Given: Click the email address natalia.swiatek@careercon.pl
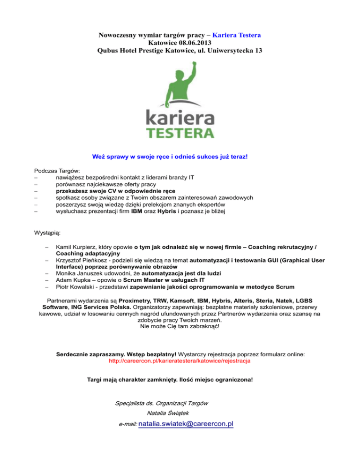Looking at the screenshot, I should coord(187,424).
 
